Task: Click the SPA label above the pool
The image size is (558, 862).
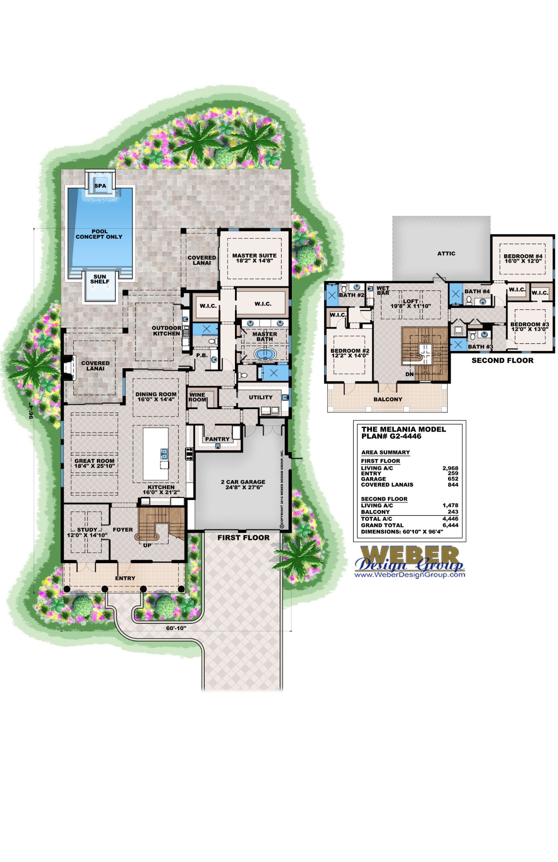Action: pos(100,186)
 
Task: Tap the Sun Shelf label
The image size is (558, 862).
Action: pos(100,279)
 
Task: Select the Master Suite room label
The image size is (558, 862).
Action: pos(254,258)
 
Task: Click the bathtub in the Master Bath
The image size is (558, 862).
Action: pos(264,354)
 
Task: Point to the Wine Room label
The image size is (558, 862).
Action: pos(197,397)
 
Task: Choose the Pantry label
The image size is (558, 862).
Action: pos(217,439)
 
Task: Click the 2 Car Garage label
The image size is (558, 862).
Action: pos(243,484)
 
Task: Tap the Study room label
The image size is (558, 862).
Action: pos(87,532)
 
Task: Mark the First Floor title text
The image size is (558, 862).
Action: pos(243,537)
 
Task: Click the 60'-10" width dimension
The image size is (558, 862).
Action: pos(176,628)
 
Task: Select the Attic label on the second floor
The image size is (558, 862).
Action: pos(446,253)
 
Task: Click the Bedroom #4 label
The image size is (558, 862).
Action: pos(523,258)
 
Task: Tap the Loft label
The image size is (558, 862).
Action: pos(411,303)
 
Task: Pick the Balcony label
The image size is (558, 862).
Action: pos(388,399)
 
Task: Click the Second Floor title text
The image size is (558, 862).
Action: pos(502,360)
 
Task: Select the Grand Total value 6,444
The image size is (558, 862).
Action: pos(450,525)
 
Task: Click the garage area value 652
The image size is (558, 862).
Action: pos(453,479)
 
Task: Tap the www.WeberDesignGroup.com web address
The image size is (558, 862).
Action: pos(410,575)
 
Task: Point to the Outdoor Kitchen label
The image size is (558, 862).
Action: pos(166,331)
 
